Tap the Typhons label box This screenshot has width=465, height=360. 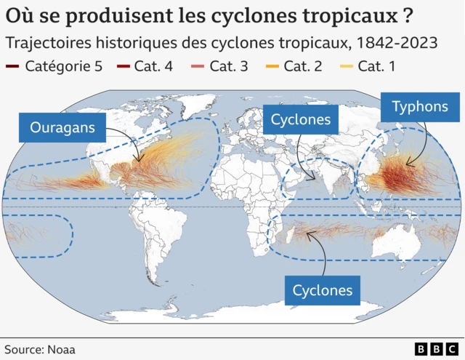click(x=420, y=107)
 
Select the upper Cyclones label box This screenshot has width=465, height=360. click(x=301, y=119)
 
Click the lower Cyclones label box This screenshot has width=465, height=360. click(x=322, y=291)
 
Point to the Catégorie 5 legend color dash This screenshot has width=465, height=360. click(x=12, y=67)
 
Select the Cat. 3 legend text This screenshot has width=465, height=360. click(x=228, y=67)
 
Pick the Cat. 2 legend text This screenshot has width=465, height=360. click(x=302, y=67)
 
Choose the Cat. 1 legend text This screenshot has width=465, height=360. click(x=377, y=67)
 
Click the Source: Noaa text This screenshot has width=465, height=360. click(x=40, y=349)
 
